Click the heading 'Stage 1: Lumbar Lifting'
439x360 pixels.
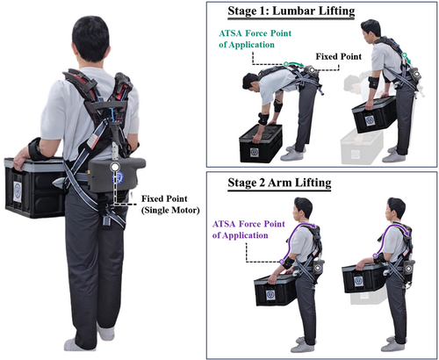pos(291,11)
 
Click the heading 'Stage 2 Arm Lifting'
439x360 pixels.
pos(279,183)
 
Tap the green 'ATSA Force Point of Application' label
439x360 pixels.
pos(255,39)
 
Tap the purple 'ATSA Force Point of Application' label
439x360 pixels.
pos(248,229)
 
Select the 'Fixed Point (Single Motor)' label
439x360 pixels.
pos(170,205)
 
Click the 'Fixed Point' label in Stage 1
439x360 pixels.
pos(338,56)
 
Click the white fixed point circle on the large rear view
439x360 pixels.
pos(115,167)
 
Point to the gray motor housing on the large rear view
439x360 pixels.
pos(117,175)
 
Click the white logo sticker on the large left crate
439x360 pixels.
pos(18,191)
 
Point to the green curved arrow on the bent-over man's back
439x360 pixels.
pos(295,63)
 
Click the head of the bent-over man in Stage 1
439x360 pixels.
pos(251,83)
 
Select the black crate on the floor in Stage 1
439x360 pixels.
pos(261,143)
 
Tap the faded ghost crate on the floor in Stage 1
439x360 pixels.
pos(362,148)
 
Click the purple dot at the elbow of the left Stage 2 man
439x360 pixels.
pos(282,261)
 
